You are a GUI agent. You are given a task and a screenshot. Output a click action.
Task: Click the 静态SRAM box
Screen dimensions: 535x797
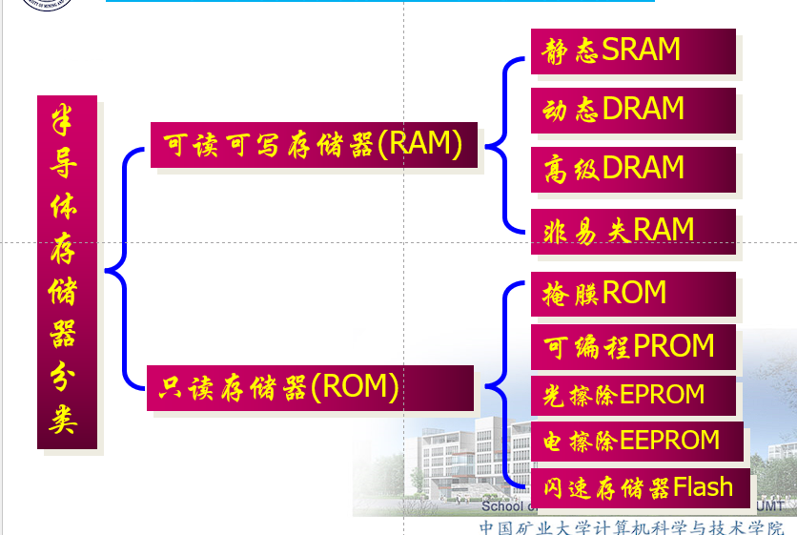633,51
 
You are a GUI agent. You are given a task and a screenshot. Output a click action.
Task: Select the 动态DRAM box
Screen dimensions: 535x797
633,110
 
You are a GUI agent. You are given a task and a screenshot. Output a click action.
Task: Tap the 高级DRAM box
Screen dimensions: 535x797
633,169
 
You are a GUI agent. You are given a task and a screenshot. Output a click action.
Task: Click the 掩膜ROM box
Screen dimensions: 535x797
633,294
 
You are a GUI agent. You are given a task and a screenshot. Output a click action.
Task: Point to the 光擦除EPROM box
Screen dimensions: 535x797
633,395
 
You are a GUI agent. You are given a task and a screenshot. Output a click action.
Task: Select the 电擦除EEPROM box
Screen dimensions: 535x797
633,442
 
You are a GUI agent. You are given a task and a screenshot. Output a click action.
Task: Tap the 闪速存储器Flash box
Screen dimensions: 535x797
633,488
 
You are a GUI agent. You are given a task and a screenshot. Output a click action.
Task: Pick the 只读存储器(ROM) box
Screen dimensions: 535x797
310,387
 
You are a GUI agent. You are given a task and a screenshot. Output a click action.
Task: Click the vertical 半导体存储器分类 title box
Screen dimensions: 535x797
67,272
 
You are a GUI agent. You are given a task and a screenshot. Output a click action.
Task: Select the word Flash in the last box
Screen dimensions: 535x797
703,488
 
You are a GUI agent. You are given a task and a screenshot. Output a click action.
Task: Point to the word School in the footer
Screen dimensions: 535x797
501,506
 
